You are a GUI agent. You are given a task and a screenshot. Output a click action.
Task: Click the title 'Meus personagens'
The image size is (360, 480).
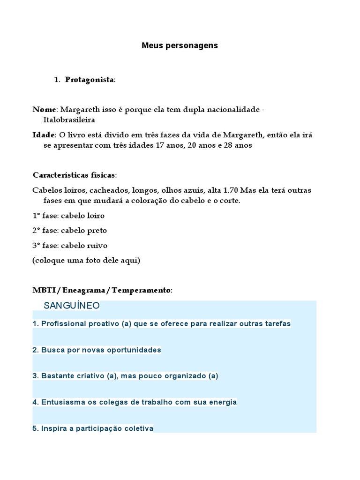180,46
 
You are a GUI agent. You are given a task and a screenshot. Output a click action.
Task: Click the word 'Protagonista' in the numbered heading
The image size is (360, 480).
89,80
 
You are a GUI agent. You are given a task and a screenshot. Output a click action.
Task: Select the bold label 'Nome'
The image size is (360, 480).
44,109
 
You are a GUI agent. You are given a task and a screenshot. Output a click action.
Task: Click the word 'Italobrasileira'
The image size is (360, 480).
69,120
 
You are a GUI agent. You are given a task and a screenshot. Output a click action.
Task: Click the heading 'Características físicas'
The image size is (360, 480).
74,175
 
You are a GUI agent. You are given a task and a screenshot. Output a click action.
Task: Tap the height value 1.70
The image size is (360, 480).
230,190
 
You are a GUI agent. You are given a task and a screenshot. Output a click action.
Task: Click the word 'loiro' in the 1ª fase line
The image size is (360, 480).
96,216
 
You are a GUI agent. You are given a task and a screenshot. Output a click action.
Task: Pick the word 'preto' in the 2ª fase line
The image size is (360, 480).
97,230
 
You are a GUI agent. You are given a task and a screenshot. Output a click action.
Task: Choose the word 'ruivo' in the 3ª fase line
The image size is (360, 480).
97,245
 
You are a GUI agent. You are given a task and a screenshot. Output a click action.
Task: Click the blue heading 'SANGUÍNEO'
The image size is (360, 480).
72,306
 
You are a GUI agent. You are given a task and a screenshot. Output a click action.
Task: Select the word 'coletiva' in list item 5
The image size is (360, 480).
138,428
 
